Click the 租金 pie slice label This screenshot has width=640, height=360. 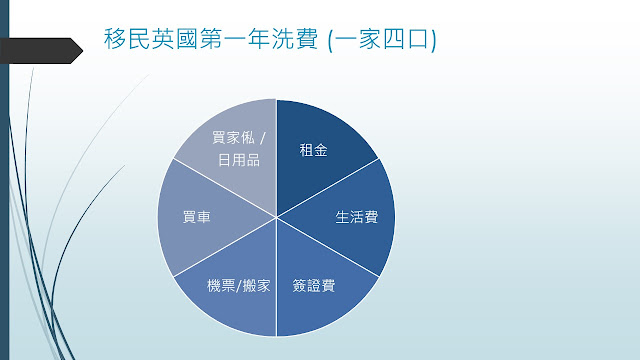[313, 150]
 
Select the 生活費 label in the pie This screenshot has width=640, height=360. [357, 217]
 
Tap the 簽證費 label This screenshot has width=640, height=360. [314, 286]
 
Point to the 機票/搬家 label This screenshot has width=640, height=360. [239, 286]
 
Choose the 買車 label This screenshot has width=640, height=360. [196, 217]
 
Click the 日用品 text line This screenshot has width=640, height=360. [239, 160]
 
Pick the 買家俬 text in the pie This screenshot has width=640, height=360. [233, 138]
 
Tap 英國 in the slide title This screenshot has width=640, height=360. [175, 39]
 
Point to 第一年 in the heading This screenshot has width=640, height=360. [235, 39]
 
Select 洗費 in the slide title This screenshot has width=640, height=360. [295, 39]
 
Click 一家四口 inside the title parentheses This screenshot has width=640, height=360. [382, 40]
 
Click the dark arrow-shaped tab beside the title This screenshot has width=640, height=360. [41, 51]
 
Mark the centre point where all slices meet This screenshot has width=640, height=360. [277, 217]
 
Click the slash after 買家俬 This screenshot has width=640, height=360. [263, 138]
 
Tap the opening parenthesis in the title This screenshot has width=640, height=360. [330, 40]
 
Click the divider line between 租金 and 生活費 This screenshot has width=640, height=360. [328, 188]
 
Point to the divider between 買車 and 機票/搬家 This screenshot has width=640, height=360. [225, 247]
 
